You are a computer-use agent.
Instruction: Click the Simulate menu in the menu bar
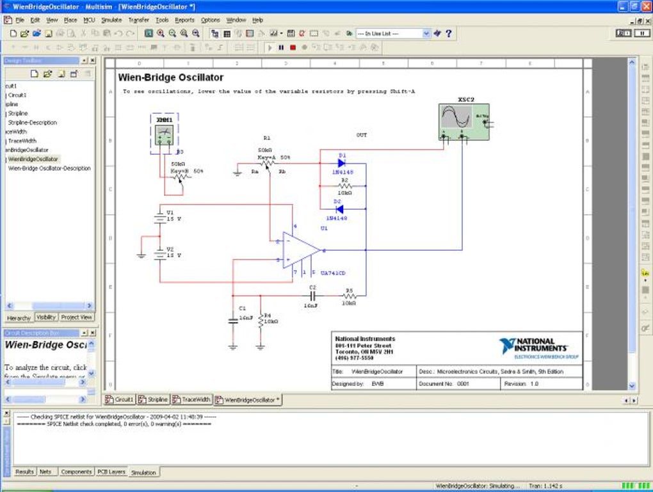click(x=111, y=20)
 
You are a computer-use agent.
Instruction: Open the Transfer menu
click(x=138, y=20)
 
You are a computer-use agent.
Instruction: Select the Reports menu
click(x=184, y=20)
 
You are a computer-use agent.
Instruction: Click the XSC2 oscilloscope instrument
click(x=464, y=119)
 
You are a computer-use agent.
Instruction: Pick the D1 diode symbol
click(x=341, y=163)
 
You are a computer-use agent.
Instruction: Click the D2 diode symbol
click(x=339, y=209)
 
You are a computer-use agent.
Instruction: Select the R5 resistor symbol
click(x=349, y=296)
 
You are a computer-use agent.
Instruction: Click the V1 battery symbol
click(x=160, y=216)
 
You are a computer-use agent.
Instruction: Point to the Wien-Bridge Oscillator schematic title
click(x=171, y=77)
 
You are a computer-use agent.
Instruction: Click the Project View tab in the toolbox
click(x=77, y=317)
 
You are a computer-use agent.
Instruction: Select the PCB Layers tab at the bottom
click(x=111, y=472)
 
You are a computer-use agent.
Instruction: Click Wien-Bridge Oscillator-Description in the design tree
click(x=49, y=168)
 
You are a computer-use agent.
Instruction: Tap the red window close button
click(x=645, y=6)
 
